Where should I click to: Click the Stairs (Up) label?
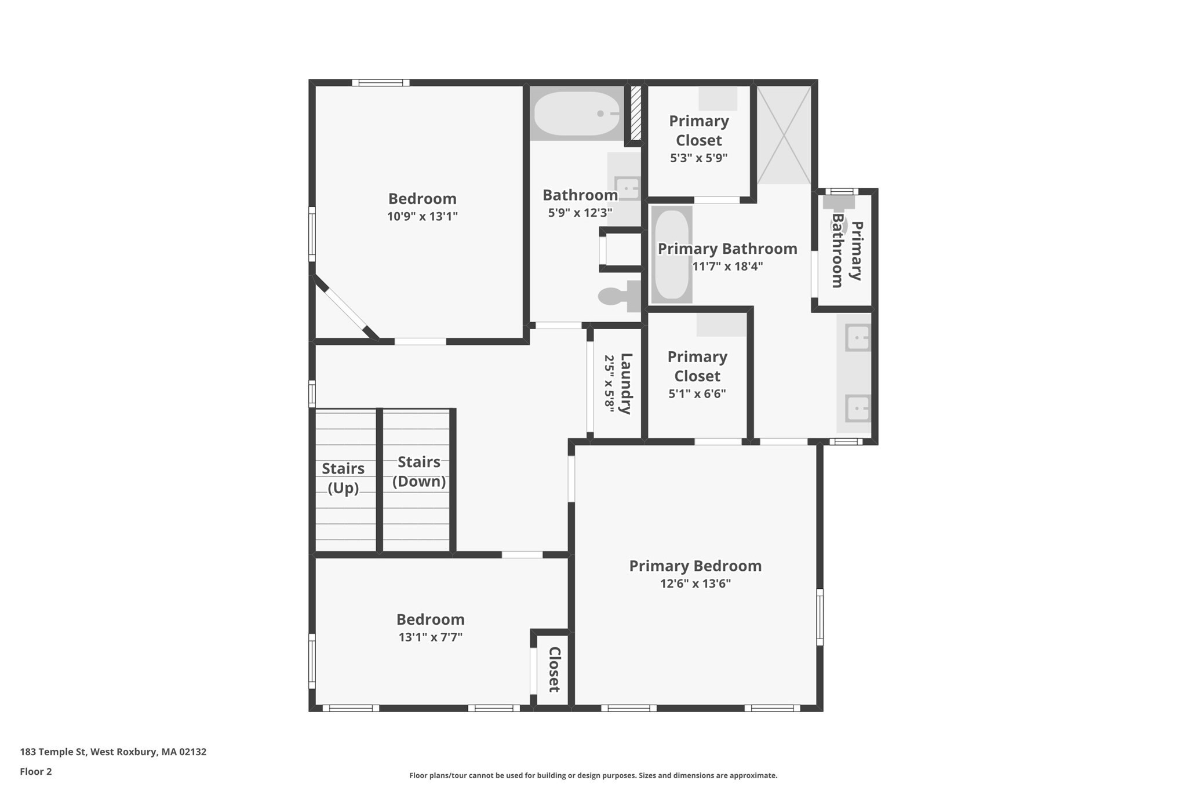(x=343, y=478)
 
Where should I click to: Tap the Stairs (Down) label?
(x=418, y=472)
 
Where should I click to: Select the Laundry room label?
(x=625, y=383)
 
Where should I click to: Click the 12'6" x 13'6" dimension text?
(x=695, y=584)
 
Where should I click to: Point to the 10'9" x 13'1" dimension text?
(x=422, y=217)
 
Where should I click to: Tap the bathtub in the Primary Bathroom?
(x=671, y=254)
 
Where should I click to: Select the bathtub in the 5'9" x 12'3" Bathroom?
(x=577, y=114)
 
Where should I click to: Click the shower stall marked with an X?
(x=784, y=134)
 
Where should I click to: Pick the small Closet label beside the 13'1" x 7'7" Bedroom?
(x=554, y=669)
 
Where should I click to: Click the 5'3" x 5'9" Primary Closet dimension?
(x=698, y=158)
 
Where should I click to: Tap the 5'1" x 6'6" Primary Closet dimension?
(x=697, y=393)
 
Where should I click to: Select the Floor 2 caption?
(x=36, y=771)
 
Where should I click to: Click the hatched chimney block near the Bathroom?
(x=635, y=113)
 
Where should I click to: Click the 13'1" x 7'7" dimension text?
(x=430, y=637)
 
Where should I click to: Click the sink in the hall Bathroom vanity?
(x=627, y=188)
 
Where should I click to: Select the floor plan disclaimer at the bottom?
(x=593, y=775)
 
